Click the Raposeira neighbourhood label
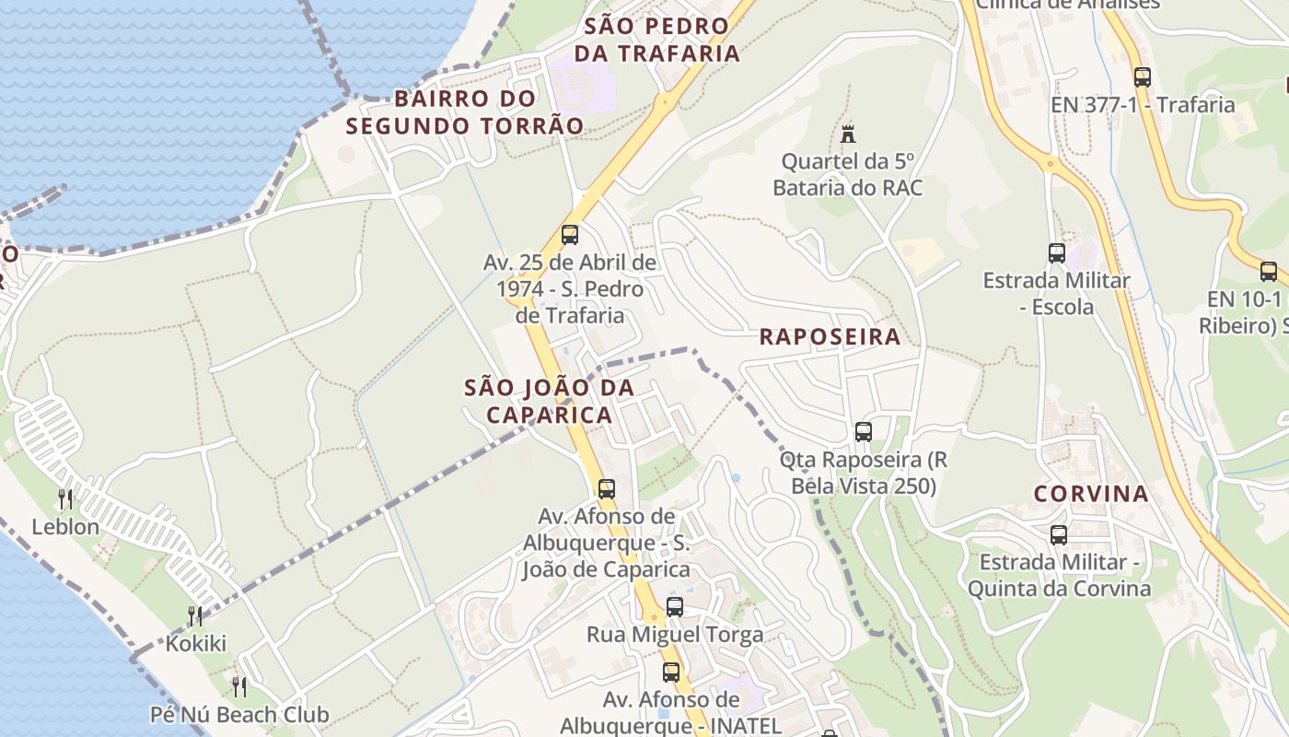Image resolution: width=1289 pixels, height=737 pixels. [830, 336]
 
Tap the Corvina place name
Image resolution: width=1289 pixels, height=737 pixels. [1091, 494]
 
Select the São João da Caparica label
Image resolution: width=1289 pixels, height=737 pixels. [550, 401]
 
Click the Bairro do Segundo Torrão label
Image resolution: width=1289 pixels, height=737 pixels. [465, 111]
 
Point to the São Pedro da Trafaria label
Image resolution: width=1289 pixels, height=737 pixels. [657, 40]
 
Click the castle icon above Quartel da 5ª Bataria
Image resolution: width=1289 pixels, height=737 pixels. [848, 135]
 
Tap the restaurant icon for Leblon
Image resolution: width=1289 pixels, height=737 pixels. [65, 499]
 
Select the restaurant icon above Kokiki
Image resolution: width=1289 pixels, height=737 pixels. [195, 615]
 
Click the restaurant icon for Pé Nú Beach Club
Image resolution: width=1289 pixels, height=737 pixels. [239, 686]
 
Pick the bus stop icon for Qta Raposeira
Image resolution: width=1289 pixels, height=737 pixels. [864, 431]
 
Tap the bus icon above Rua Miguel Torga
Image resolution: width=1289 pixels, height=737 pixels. [675, 606]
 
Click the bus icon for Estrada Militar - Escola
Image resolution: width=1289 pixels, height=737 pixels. [1057, 252]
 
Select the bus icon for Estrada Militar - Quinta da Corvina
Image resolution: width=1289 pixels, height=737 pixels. [1059, 534]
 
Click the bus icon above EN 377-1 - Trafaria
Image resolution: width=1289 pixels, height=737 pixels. [1143, 77]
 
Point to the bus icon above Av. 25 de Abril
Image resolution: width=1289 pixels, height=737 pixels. [570, 235]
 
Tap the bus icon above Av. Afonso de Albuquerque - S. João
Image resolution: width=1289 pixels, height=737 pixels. [607, 489]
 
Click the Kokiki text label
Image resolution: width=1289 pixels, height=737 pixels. [195, 643]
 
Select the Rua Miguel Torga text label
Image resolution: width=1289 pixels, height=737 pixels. [675, 635]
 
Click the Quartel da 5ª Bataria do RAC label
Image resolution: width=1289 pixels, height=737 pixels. [847, 175]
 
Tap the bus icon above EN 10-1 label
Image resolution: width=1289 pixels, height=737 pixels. [1269, 272]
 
